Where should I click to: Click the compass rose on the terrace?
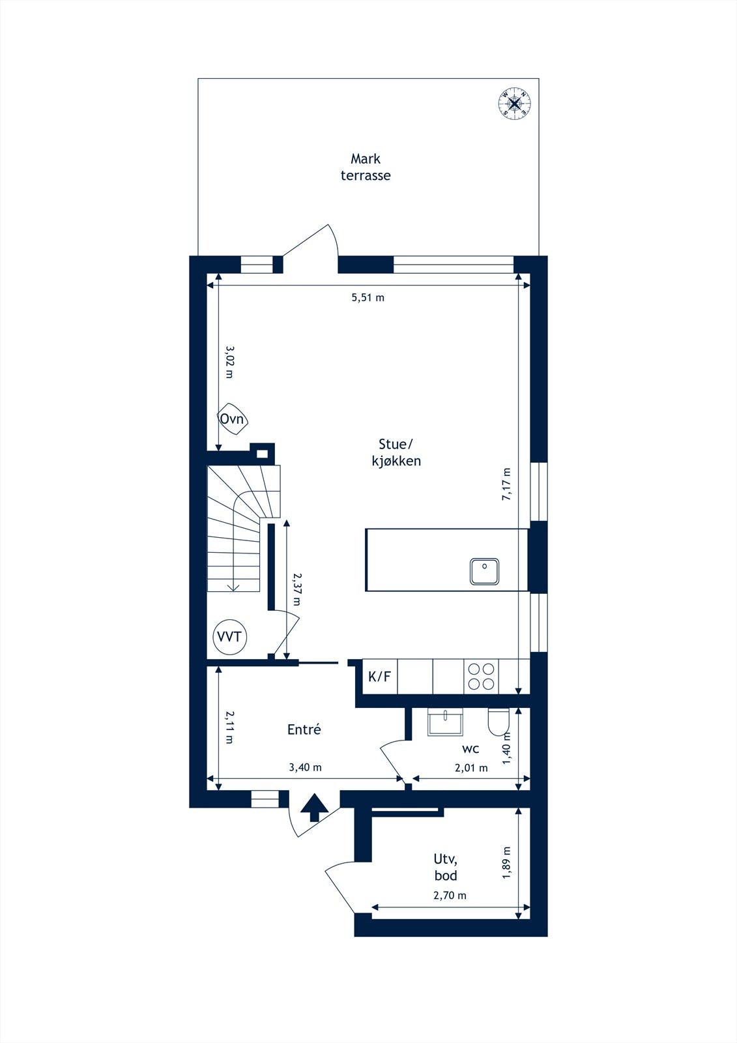coord(514,103)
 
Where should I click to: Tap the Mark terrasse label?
coord(366,167)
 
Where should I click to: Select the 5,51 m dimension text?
coord(368,297)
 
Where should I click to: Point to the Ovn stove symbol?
coord(233,419)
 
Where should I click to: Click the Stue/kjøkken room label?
coord(396,452)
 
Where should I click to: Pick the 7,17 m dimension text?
coord(506,484)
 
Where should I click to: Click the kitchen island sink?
coord(484,571)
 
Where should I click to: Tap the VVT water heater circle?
coord(229,636)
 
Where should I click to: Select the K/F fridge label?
coord(379,677)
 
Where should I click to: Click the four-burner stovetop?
coord(481,677)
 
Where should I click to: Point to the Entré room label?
coord(304,729)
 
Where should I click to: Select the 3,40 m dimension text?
coord(306,767)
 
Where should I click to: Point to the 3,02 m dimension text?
coord(229,362)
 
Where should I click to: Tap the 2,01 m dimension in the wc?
coord(471,768)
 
